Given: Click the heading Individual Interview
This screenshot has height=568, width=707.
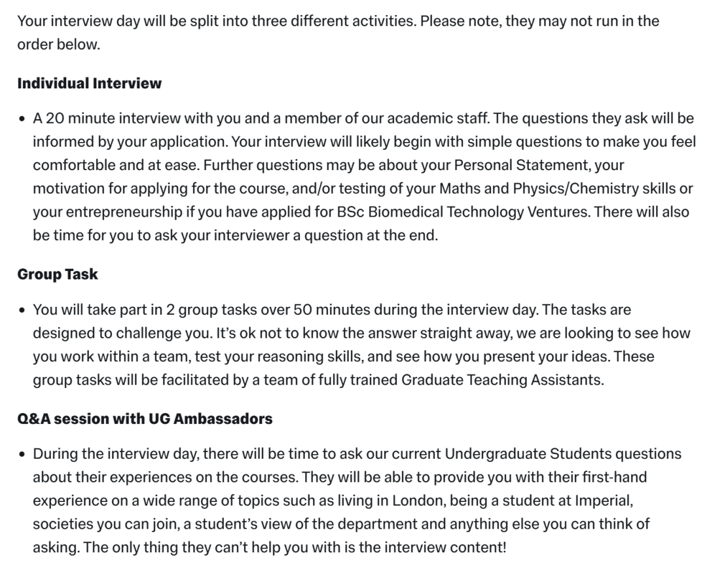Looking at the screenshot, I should point(89,84).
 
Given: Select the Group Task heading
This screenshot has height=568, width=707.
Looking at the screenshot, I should point(58,274).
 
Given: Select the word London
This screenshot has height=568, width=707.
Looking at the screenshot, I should point(419,501).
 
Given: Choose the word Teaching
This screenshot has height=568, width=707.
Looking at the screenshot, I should point(503,380).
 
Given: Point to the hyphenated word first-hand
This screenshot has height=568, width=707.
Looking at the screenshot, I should point(598,478).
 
